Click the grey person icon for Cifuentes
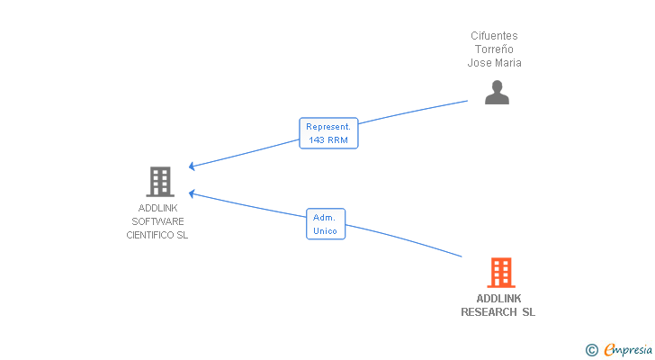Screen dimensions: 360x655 coord(497,92)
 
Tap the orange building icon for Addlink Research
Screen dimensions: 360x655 coord(500,272)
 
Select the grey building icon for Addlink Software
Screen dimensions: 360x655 coord(159,182)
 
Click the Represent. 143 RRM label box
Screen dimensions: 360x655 coord(328,133)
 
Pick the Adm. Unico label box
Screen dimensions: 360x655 coord(325,224)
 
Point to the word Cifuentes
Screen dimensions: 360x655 coord(494,36)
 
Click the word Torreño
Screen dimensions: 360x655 coord(494,49)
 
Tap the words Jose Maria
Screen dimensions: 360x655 coord(494,63)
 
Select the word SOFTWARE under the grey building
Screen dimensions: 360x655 coord(157,221)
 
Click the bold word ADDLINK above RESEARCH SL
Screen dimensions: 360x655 coord(498,299)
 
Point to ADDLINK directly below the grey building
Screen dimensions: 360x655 coord(157,208)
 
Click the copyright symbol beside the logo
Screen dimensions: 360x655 coord(592,349)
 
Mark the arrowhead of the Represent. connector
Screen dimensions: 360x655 coord(191,166)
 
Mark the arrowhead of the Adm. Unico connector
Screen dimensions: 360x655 coord(191,192)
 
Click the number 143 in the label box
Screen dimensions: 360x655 coord(317,140)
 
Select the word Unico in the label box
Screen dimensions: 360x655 coord(325,231)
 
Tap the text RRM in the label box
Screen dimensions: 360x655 coord(337,140)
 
